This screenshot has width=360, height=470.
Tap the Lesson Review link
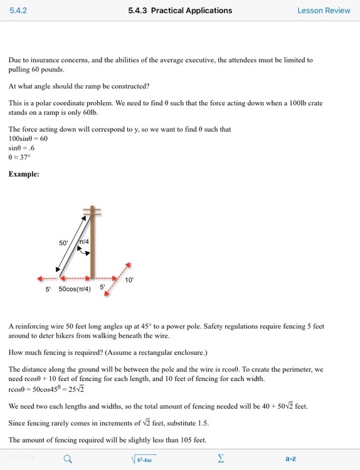(324, 11)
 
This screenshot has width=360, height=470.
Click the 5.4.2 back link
(18, 11)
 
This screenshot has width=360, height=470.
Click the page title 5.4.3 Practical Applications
(180, 11)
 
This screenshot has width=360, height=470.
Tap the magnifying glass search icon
(68, 459)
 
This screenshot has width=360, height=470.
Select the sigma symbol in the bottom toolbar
(220, 459)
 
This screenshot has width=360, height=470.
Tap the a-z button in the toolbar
(290, 459)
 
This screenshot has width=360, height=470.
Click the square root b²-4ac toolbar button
(144, 459)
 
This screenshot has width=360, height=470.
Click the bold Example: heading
(24, 174)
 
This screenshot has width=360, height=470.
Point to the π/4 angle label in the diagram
(83, 241)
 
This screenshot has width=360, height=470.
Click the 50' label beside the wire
(63, 243)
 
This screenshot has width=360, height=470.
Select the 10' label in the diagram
(129, 280)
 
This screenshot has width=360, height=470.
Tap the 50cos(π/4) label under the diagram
(75, 289)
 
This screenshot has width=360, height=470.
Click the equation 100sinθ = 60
(28, 138)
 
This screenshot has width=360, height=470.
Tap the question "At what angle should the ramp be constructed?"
(79, 86)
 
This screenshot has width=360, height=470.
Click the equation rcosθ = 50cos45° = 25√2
(46, 389)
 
